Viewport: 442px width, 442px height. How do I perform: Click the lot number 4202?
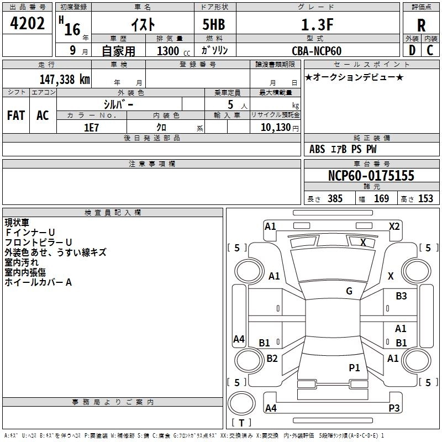[27, 23]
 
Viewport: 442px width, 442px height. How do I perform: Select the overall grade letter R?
[421, 25]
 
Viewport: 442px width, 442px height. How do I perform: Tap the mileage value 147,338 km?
[65, 79]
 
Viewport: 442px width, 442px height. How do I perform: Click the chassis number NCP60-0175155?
[371, 176]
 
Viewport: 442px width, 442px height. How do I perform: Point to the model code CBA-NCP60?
[317, 51]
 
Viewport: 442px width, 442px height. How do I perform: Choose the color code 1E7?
[91, 128]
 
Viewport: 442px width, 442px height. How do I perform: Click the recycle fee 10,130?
[276, 128]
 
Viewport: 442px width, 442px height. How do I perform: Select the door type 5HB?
[214, 24]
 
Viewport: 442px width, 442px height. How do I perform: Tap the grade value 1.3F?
[317, 25]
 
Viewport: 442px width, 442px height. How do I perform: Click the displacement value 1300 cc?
[173, 51]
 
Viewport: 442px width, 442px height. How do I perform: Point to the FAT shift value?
[16, 115]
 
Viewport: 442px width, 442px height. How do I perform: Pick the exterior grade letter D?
[412, 50]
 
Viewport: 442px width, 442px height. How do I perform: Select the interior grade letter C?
[430, 50]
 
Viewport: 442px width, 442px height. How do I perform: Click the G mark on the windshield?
[349, 291]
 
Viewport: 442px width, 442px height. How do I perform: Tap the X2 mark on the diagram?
[394, 227]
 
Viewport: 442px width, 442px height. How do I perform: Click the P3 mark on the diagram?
[394, 408]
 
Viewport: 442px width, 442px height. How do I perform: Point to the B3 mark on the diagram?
[401, 296]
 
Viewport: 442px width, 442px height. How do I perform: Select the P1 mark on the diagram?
[354, 367]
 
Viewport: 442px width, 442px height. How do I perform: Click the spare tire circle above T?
[241, 403]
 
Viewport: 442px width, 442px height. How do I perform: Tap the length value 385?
[335, 198]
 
